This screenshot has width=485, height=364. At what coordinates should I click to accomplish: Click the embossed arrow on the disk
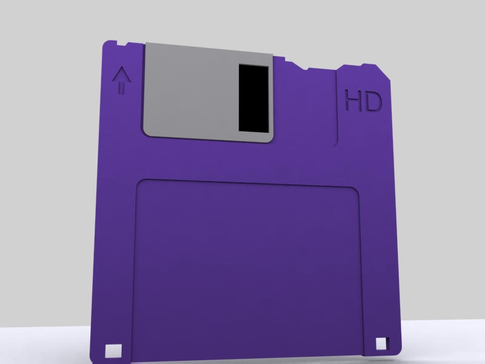tap(122, 81)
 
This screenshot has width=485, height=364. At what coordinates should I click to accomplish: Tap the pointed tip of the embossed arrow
tap(122, 69)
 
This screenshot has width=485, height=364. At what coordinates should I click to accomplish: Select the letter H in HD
tap(353, 101)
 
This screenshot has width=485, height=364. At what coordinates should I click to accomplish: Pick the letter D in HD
tap(374, 101)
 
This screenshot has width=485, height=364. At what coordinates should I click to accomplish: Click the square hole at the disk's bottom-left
tap(112, 350)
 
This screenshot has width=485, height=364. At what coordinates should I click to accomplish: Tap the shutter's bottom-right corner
tap(270, 140)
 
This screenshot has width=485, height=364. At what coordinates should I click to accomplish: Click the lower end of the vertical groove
tap(336, 144)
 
